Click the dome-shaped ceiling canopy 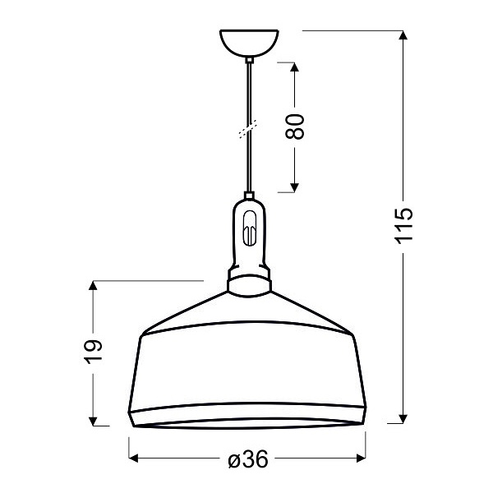pos(249,43)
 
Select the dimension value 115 pos(403,227)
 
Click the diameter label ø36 pos(246,460)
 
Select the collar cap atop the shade pos(249,284)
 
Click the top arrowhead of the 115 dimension pos(403,36)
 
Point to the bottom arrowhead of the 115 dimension pos(403,418)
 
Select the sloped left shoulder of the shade pos(185,312)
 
